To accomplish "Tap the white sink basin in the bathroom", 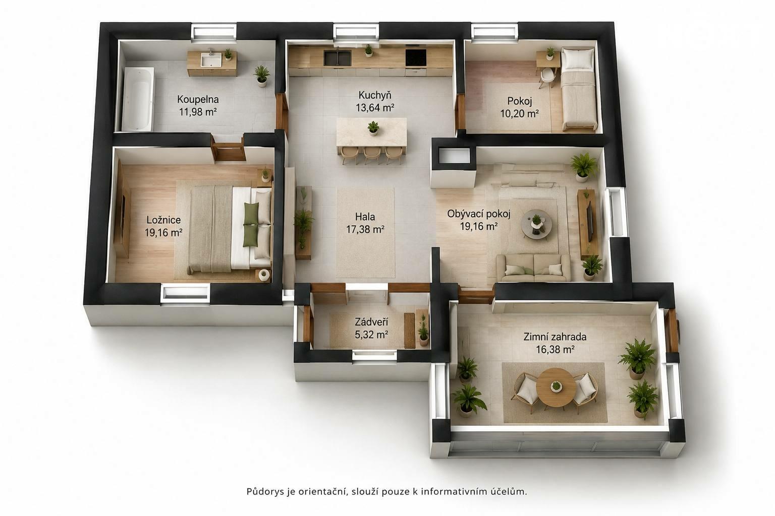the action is pyautogui.click(x=211, y=59).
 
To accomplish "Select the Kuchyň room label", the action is pyautogui.click(x=375, y=95).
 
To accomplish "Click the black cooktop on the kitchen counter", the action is pyautogui.click(x=416, y=58).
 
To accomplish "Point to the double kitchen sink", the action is pyautogui.click(x=338, y=58).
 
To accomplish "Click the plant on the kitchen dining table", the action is pyautogui.click(x=373, y=127).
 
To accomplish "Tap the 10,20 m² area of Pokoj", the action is pyautogui.click(x=519, y=113).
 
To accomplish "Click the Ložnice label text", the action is pyautogui.click(x=163, y=220).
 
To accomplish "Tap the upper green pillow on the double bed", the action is pyautogui.click(x=252, y=213).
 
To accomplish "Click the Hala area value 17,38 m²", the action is pyautogui.click(x=365, y=229).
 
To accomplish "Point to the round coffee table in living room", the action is pyautogui.click(x=537, y=224).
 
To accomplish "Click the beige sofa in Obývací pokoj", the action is pyautogui.click(x=533, y=268).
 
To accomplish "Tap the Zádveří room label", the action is pyautogui.click(x=371, y=322).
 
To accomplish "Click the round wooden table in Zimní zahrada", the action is pyautogui.click(x=556, y=387).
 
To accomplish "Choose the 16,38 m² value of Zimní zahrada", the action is pyautogui.click(x=555, y=349).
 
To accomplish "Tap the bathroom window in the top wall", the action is pyautogui.click(x=214, y=31).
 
